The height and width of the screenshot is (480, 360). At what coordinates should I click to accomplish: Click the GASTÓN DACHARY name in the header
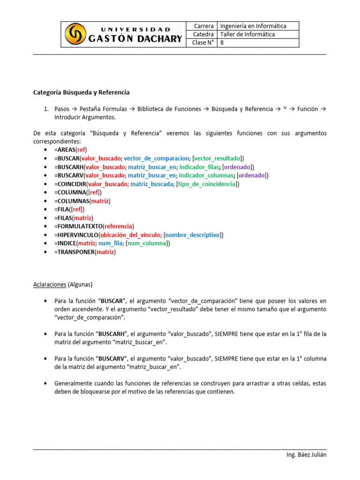click(135, 39)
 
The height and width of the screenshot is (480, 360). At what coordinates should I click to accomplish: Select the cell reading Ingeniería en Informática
click(253, 26)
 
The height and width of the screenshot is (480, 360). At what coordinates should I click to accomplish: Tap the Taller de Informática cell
click(247, 34)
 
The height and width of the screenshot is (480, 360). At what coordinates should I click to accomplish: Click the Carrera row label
click(204, 26)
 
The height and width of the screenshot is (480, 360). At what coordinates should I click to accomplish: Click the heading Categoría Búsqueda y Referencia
click(81, 92)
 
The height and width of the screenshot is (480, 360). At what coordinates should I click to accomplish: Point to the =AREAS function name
click(65, 150)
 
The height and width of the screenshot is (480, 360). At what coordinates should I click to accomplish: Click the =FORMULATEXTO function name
click(78, 226)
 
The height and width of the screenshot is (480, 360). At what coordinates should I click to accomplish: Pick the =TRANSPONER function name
click(74, 252)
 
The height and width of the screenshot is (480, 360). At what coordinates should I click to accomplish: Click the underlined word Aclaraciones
click(50, 285)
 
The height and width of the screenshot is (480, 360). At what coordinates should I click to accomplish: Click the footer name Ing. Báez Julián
click(306, 456)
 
